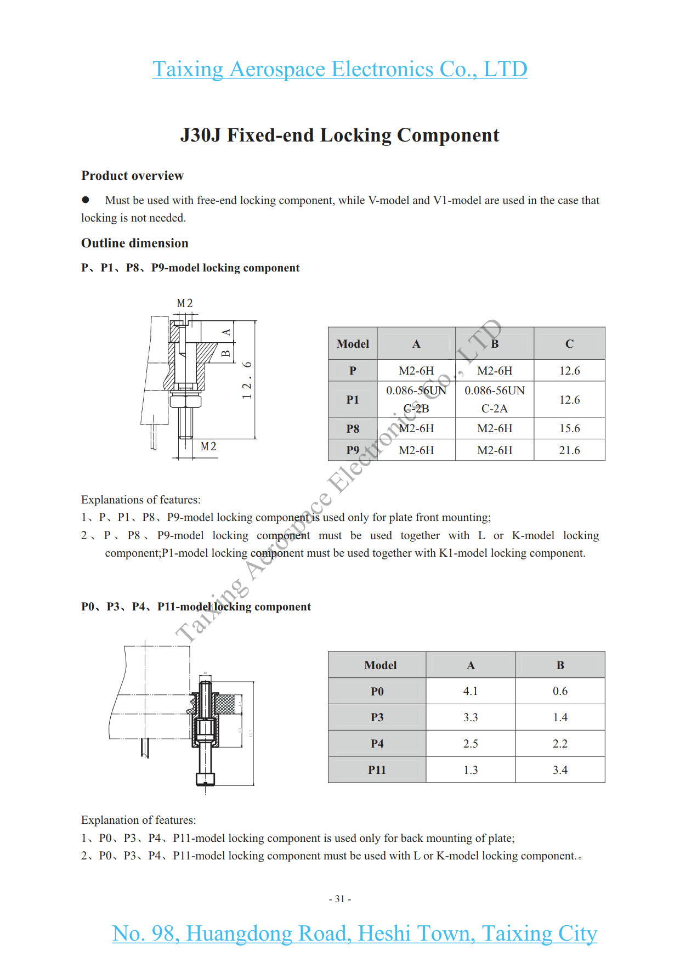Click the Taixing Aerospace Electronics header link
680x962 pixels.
339,69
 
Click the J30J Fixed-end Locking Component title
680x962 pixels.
339,135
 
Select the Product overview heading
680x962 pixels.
132,176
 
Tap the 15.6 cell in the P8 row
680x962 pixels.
569,428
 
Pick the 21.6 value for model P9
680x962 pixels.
569,450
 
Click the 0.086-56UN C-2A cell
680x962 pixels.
494,399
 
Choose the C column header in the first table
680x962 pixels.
569,344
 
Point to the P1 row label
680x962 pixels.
353,400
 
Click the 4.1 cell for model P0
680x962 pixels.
471,691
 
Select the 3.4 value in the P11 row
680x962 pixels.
560,770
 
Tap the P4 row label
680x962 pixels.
377,744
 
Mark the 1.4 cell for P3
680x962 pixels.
560,717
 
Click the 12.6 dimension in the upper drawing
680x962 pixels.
247,380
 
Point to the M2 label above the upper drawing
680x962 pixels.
185,303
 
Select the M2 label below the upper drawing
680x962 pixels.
208,446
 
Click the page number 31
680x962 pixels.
340,899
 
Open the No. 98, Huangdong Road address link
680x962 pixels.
354,933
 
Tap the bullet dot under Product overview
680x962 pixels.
86,200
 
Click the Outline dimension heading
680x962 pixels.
134,243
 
